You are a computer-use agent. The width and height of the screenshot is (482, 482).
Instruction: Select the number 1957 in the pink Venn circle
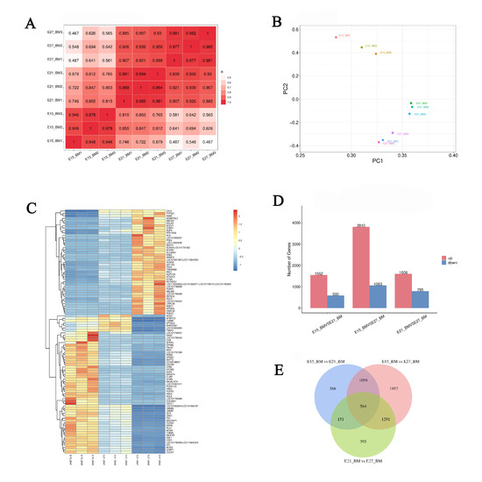420,386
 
